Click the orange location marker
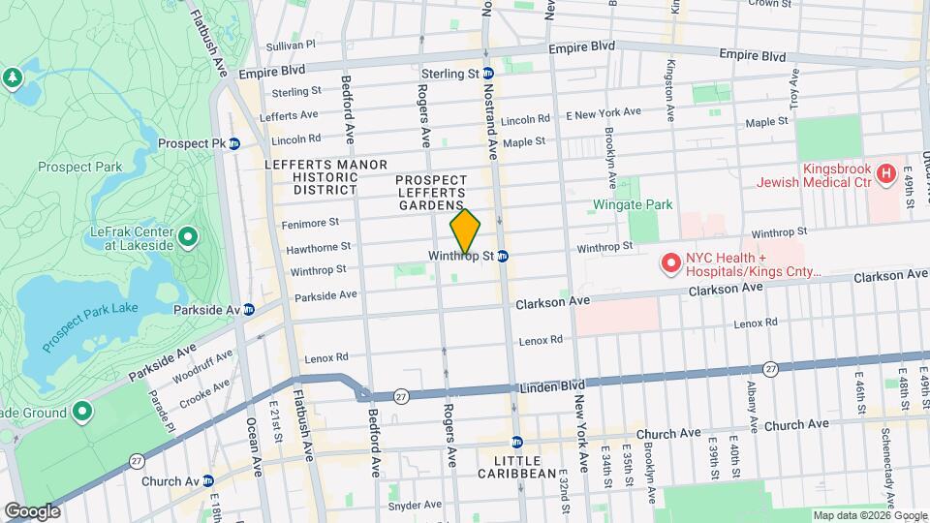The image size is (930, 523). coord(465,232)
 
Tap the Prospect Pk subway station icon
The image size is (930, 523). coord(233,143)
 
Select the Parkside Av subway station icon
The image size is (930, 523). coord(248,310)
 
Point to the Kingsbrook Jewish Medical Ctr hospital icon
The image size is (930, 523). coord(883,174)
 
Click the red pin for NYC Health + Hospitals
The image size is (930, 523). coord(668,262)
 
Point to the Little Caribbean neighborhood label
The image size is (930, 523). coord(517,466)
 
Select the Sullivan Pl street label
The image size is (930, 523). coord(292,45)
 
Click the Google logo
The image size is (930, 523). coord(32,510)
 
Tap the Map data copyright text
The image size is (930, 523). coord(869,515)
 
